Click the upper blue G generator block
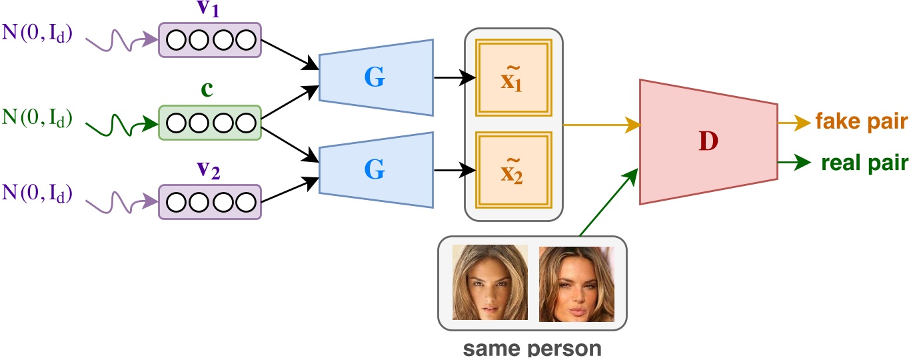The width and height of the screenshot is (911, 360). coord(375,77)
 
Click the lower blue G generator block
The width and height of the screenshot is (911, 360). coord(375,170)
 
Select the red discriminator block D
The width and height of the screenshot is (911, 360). coord(708,141)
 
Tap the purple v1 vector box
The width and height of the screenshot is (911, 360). coord(209,40)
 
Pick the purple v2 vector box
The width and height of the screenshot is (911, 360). coord(209,202)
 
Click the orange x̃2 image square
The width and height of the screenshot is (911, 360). coord(511,170)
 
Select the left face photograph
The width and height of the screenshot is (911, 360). coord(490,283)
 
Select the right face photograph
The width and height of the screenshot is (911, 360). coord(576,284)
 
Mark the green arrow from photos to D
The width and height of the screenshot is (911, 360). coord(606,202)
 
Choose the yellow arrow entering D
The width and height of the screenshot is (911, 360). coord(600,124)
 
